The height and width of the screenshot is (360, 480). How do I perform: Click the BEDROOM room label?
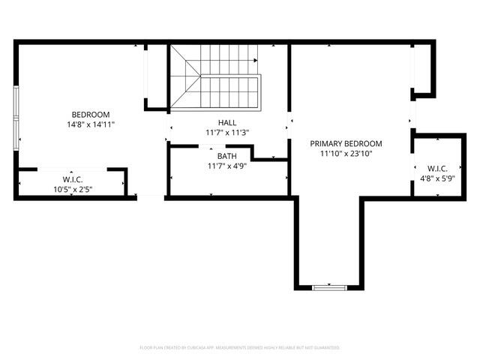(91, 114)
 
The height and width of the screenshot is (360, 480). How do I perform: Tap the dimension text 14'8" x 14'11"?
(91, 124)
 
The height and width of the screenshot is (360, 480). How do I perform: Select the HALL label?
(226, 122)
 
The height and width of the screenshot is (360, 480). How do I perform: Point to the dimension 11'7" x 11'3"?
(226, 133)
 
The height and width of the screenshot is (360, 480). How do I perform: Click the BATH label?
(226, 156)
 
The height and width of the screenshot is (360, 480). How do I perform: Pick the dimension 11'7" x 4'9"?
(226, 166)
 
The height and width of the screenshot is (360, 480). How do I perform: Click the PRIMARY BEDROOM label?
(346, 143)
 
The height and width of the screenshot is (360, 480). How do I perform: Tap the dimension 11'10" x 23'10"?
(346, 154)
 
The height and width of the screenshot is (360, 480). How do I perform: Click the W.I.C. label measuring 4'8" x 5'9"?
(437, 168)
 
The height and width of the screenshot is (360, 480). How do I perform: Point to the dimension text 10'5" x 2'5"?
(73, 189)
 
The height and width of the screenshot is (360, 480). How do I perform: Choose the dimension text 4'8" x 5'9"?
(437, 178)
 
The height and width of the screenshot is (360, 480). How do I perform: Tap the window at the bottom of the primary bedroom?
(330, 286)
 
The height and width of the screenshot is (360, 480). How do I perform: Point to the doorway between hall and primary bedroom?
(289, 123)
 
